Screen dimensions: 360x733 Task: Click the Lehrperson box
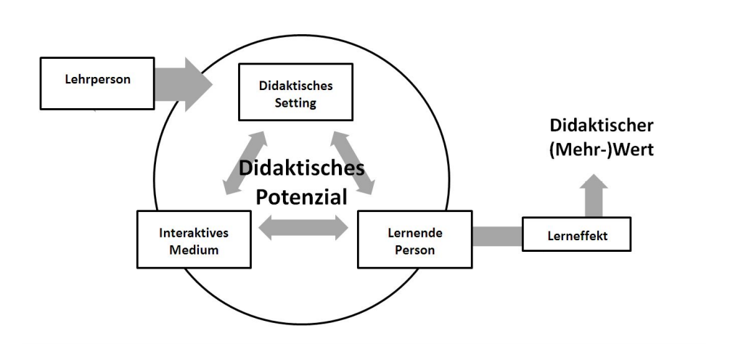coord(97,83)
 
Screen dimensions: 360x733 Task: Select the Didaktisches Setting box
coord(295,91)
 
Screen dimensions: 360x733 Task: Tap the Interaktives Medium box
coord(194,239)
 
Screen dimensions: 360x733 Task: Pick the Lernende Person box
coord(414,240)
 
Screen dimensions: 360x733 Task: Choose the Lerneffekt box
coord(576,234)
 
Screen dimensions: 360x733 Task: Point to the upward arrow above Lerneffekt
coord(594,195)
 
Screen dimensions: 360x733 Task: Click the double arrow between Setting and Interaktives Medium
coord(243,163)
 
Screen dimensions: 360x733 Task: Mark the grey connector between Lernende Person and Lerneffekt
coord(497,237)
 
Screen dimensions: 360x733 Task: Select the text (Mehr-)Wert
coord(602,150)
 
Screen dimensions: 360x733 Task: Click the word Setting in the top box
coord(295,102)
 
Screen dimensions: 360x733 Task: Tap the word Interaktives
coord(193,233)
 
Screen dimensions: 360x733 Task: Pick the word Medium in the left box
coord(193,250)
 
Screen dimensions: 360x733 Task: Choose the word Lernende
coord(415,233)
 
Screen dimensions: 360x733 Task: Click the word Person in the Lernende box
coord(415,250)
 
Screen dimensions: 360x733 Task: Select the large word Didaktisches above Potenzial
coord(302,168)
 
